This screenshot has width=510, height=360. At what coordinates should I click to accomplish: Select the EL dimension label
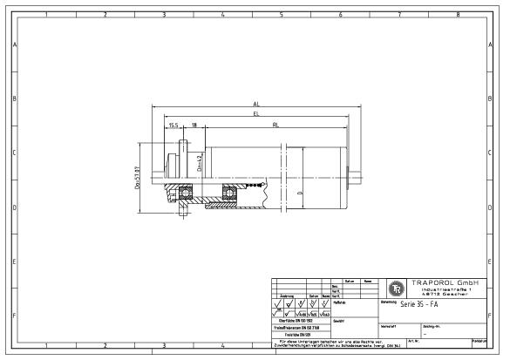pos(255,113)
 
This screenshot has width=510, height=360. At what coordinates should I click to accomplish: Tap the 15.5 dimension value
pos(174,125)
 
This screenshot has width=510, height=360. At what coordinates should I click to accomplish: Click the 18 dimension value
pos(194,125)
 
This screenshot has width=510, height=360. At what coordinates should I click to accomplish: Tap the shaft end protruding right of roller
pos(357,174)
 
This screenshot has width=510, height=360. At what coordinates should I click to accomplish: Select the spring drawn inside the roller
pos(253,185)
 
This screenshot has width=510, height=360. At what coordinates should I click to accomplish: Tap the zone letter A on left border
pos(14,44)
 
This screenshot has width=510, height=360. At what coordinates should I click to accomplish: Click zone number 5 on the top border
pos(282,15)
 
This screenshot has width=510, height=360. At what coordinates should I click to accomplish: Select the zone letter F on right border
pos(497,316)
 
